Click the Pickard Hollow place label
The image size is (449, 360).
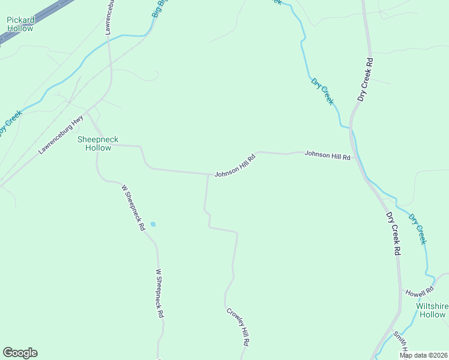coord(20,24)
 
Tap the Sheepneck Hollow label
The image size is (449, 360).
coord(98,143)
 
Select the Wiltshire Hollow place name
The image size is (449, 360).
coord(432,310)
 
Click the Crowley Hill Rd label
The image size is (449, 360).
coord(238,326)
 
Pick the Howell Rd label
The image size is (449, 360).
coord(419,293)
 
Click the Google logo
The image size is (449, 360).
coord(20,353)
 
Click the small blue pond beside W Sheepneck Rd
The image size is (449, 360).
coord(152,224)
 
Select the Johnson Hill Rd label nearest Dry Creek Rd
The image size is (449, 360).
coord(327,155)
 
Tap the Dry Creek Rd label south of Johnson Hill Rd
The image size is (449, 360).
coord(393,234)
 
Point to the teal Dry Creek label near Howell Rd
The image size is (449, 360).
coord(417,229)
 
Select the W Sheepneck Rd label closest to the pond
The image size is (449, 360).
coord(133,208)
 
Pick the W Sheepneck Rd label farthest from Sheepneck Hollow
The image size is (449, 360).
coord(160,293)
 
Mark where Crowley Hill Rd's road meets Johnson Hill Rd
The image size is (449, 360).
coord(208,175)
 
